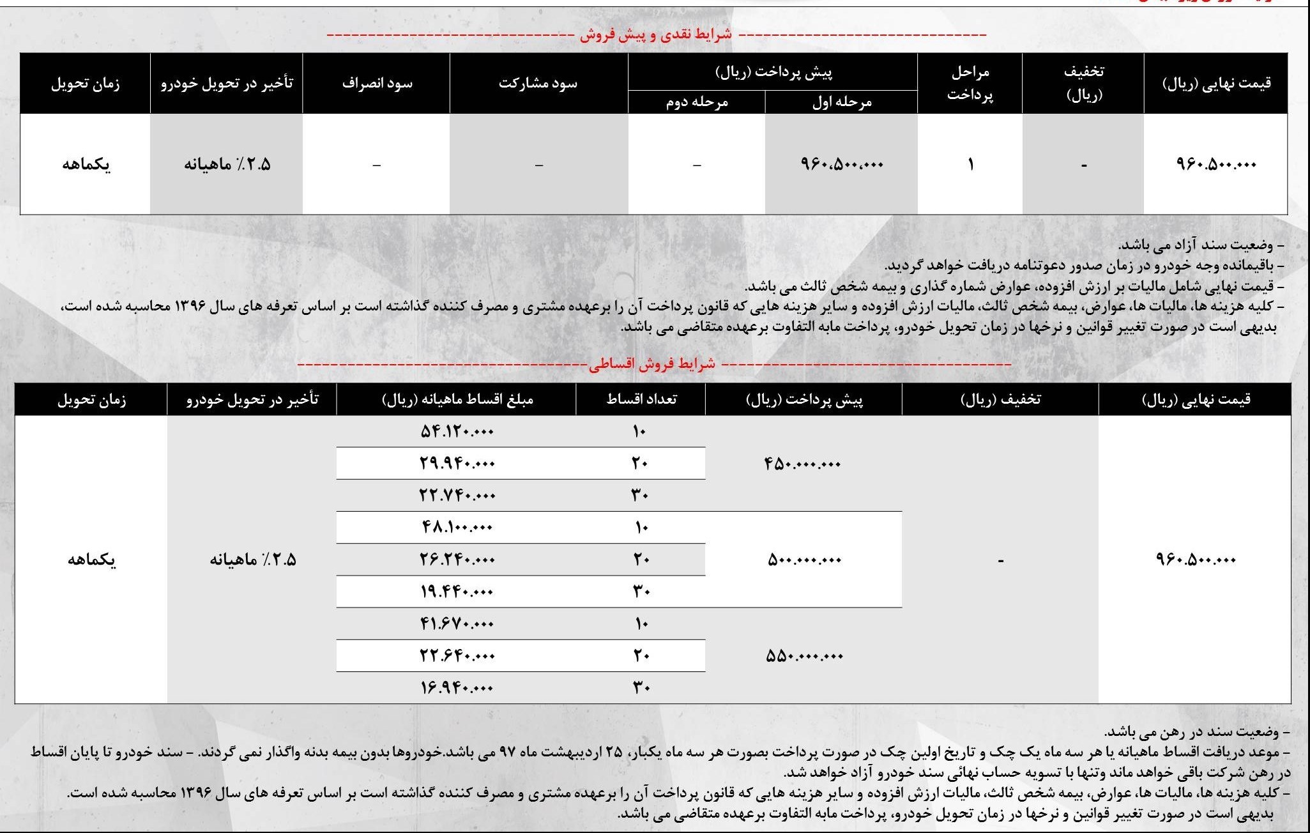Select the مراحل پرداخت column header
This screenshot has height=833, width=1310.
coord(970,83)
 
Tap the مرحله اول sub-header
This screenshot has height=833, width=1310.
coord(841,102)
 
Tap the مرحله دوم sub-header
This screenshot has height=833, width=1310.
coord(696,102)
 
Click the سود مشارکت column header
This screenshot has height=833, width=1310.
coord(538,84)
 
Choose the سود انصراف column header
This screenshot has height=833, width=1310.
coord(377,84)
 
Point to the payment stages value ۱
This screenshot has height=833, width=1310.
coord(970,165)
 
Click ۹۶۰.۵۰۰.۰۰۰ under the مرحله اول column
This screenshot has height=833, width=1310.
coord(841,165)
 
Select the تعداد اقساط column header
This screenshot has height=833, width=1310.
coord(641,400)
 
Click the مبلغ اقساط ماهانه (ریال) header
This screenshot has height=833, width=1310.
coord(457,400)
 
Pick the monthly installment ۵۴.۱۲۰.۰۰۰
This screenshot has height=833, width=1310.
coord(457,432)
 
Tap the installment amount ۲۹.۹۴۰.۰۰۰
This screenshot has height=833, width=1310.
coord(457,464)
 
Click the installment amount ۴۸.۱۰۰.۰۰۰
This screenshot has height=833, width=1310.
coord(457,528)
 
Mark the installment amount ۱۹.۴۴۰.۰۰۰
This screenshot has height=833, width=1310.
coord(457,592)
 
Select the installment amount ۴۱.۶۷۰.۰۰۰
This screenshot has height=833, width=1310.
coord(457,624)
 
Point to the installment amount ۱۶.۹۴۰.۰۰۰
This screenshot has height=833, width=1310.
coord(457,688)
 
